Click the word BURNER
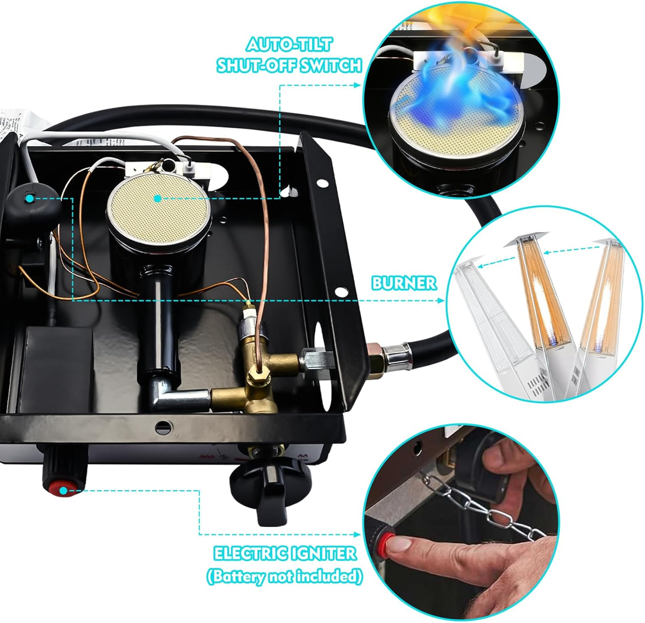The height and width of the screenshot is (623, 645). point(404,283)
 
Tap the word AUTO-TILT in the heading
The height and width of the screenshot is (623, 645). point(289,45)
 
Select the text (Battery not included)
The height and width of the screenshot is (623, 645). point(284,576)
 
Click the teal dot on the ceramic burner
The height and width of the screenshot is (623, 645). point(158,198)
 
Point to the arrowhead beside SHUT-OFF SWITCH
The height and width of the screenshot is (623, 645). point(356,85)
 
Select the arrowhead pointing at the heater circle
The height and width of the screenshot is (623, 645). point(440,300)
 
